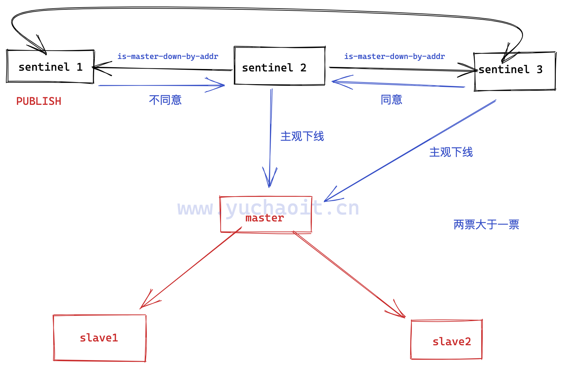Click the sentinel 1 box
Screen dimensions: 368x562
(50, 67)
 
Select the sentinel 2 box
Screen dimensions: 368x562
(279, 66)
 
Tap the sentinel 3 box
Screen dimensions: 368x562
(514, 71)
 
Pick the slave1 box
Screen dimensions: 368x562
(100, 338)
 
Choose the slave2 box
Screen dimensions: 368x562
(446, 340)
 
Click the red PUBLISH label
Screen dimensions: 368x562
(39, 101)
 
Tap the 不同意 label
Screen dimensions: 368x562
(165, 100)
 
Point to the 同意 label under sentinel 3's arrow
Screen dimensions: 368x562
(391, 100)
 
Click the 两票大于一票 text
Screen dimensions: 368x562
(486, 225)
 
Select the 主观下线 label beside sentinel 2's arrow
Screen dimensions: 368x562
(302, 136)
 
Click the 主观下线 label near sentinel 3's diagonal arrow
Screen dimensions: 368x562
(451, 152)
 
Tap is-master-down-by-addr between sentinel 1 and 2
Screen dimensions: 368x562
(168, 56)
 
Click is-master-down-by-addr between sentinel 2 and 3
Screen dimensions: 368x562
(394, 56)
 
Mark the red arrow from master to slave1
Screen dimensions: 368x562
(191, 267)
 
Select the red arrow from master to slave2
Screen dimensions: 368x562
(348, 274)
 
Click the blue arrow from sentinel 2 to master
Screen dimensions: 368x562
(271, 138)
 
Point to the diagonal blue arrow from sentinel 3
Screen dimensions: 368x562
(410, 151)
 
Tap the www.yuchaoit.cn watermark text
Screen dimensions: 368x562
(268, 208)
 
